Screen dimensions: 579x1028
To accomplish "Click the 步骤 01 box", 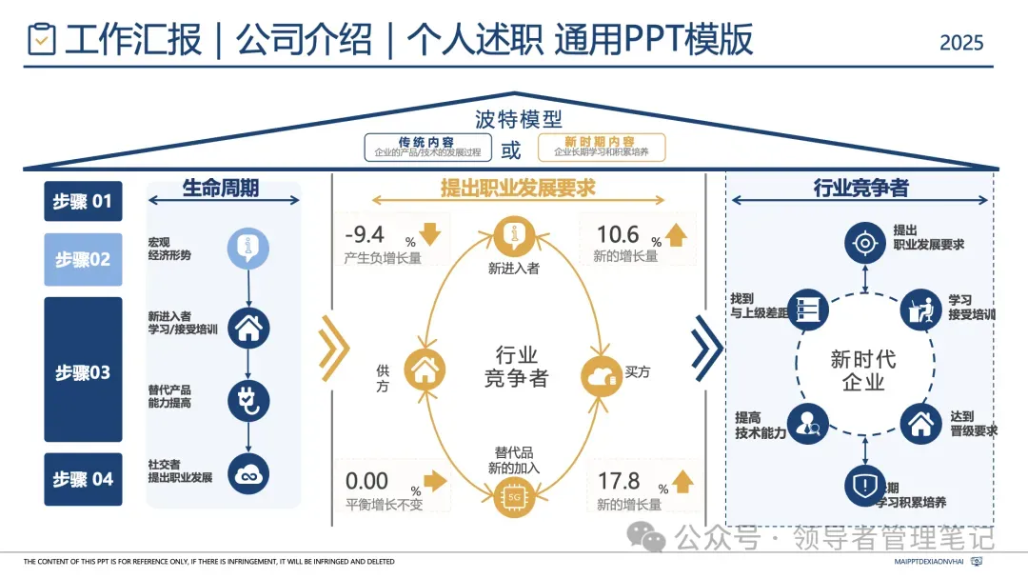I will [x=83, y=201].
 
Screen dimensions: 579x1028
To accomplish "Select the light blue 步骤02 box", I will [x=83, y=259].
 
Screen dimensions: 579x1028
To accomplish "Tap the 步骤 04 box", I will [x=83, y=479].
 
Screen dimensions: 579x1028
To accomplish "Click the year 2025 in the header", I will [x=961, y=43].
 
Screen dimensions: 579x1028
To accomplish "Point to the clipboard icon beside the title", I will [x=42, y=40].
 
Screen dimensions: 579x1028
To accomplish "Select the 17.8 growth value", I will [x=619, y=481].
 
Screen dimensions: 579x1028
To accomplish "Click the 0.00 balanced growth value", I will [x=366, y=481].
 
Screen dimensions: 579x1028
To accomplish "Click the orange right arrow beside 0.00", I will [x=434, y=480].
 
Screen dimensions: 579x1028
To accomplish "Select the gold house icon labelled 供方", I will [x=425, y=369].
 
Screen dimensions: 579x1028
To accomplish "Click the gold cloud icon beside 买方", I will [x=602, y=375].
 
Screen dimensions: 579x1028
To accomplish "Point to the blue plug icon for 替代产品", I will [x=248, y=400].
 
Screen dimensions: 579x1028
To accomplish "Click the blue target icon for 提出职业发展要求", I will [x=864, y=244].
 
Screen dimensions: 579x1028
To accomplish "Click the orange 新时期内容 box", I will [x=601, y=147].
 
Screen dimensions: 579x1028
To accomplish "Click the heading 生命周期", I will [x=221, y=188].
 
